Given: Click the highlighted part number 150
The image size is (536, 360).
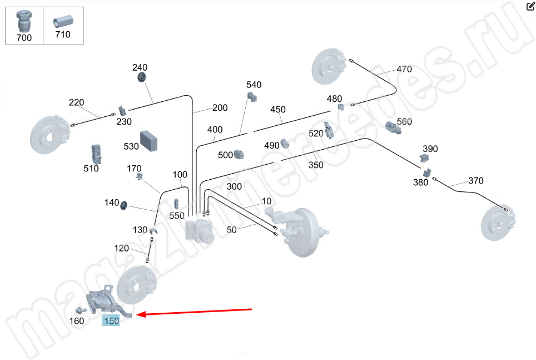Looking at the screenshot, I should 111,321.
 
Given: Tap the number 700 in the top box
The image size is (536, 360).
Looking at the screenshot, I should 24,38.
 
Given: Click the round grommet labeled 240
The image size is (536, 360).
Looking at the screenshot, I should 141,76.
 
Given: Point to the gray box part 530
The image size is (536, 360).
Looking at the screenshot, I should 150,140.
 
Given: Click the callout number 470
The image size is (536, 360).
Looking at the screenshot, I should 404,70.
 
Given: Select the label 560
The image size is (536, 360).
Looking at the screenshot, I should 404,121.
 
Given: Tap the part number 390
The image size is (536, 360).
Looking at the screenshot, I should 430,149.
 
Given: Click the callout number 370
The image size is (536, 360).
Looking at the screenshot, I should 475,180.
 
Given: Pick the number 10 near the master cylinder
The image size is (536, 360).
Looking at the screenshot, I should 266,201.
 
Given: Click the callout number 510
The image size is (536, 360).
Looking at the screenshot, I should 91,168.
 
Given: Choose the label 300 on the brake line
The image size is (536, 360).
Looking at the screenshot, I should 234,186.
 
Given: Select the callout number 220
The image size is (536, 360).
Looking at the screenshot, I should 76,102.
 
